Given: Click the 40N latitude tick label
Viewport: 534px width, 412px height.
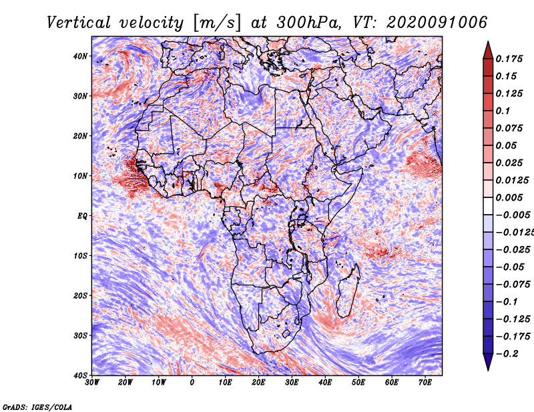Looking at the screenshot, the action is pos(80,56).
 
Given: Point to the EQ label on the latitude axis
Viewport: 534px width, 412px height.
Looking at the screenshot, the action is pos(82,216).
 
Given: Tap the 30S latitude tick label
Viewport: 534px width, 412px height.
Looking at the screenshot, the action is pos(80,335).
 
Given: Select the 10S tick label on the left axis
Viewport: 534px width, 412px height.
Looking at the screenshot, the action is pos(80,255).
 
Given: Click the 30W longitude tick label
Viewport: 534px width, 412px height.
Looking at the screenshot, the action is pos(92,383).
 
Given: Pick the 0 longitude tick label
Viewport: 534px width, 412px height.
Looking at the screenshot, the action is pos(192,383).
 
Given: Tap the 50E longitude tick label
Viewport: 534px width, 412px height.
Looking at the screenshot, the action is pos(358,383).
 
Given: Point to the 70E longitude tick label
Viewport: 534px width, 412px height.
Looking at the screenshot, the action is pos(425,383).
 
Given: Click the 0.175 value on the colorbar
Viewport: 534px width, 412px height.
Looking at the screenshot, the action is pos(509,59).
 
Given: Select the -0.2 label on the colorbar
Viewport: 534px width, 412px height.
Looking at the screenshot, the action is pos(507,354).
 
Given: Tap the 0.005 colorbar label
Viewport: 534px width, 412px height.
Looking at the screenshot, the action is pos(509,197).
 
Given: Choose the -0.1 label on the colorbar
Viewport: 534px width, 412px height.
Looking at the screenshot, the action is pos(507,302).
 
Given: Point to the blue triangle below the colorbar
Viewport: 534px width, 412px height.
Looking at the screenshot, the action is pos(488,361).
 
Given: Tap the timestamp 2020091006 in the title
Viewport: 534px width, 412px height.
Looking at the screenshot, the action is pos(437,23).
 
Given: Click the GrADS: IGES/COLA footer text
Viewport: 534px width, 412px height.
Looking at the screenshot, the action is pos(37,407).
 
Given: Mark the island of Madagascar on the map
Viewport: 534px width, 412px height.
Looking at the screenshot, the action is pos(348,291).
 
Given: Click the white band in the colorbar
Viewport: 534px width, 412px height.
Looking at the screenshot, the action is pos(488,206).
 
